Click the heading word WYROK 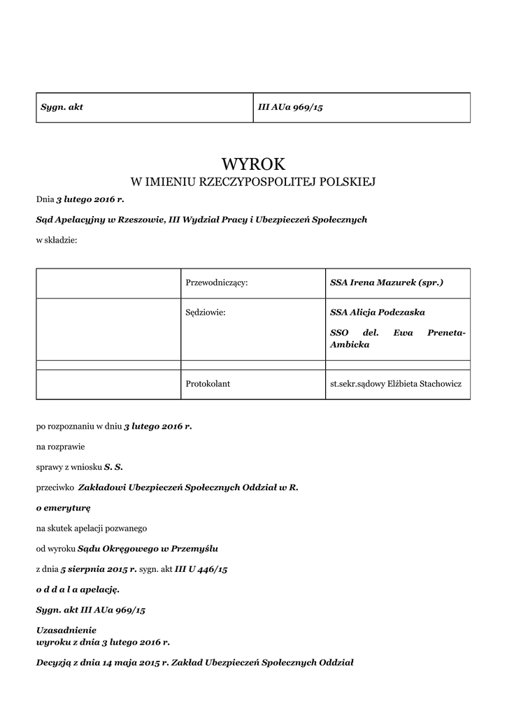[253, 164]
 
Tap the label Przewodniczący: [217, 282]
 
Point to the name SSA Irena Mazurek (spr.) [387, 282]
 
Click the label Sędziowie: [206, 313]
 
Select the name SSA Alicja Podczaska [378, 313]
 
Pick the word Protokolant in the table [208, 384]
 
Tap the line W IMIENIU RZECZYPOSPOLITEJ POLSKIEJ [253, 182]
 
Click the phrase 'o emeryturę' [64, 507]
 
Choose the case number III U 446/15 [201, 569]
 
